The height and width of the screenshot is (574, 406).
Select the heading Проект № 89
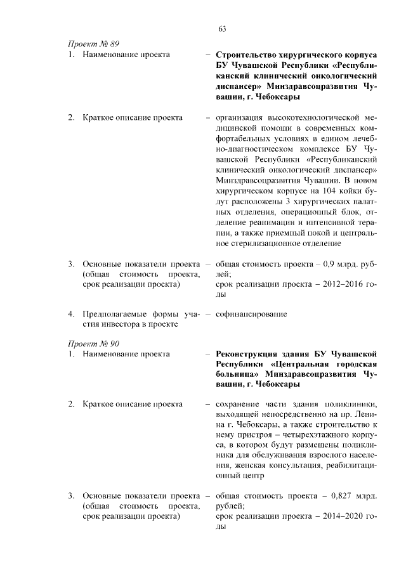[93, 44]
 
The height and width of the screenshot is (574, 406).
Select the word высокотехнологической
[311, 118]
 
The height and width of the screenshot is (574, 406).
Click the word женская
[234, 464]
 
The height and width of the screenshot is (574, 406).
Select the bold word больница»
[238, 375]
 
